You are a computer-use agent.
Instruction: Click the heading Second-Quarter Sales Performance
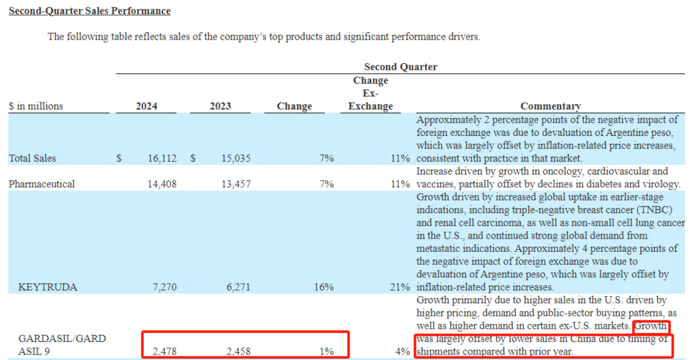coord(90,11)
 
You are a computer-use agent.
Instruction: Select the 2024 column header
coord(146,106)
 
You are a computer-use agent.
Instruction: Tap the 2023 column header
coord(220,106)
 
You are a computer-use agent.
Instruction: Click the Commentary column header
coord(550,106)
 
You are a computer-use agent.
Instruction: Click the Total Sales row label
coord(32,158)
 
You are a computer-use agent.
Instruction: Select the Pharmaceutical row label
coord(42,184)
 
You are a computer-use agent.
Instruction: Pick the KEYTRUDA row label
coord(48,286)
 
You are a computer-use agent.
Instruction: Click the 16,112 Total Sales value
coord(162,158)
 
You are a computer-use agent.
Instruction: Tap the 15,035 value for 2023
coord(235,158)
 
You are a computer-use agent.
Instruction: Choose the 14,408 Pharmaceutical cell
coord(162,184)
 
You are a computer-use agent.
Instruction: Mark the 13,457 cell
coord(235,184)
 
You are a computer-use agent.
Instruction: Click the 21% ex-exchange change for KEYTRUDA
coord(400,286)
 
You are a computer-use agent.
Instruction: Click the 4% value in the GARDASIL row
coord(403,352)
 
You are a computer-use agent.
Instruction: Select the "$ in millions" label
coord(35,106)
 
